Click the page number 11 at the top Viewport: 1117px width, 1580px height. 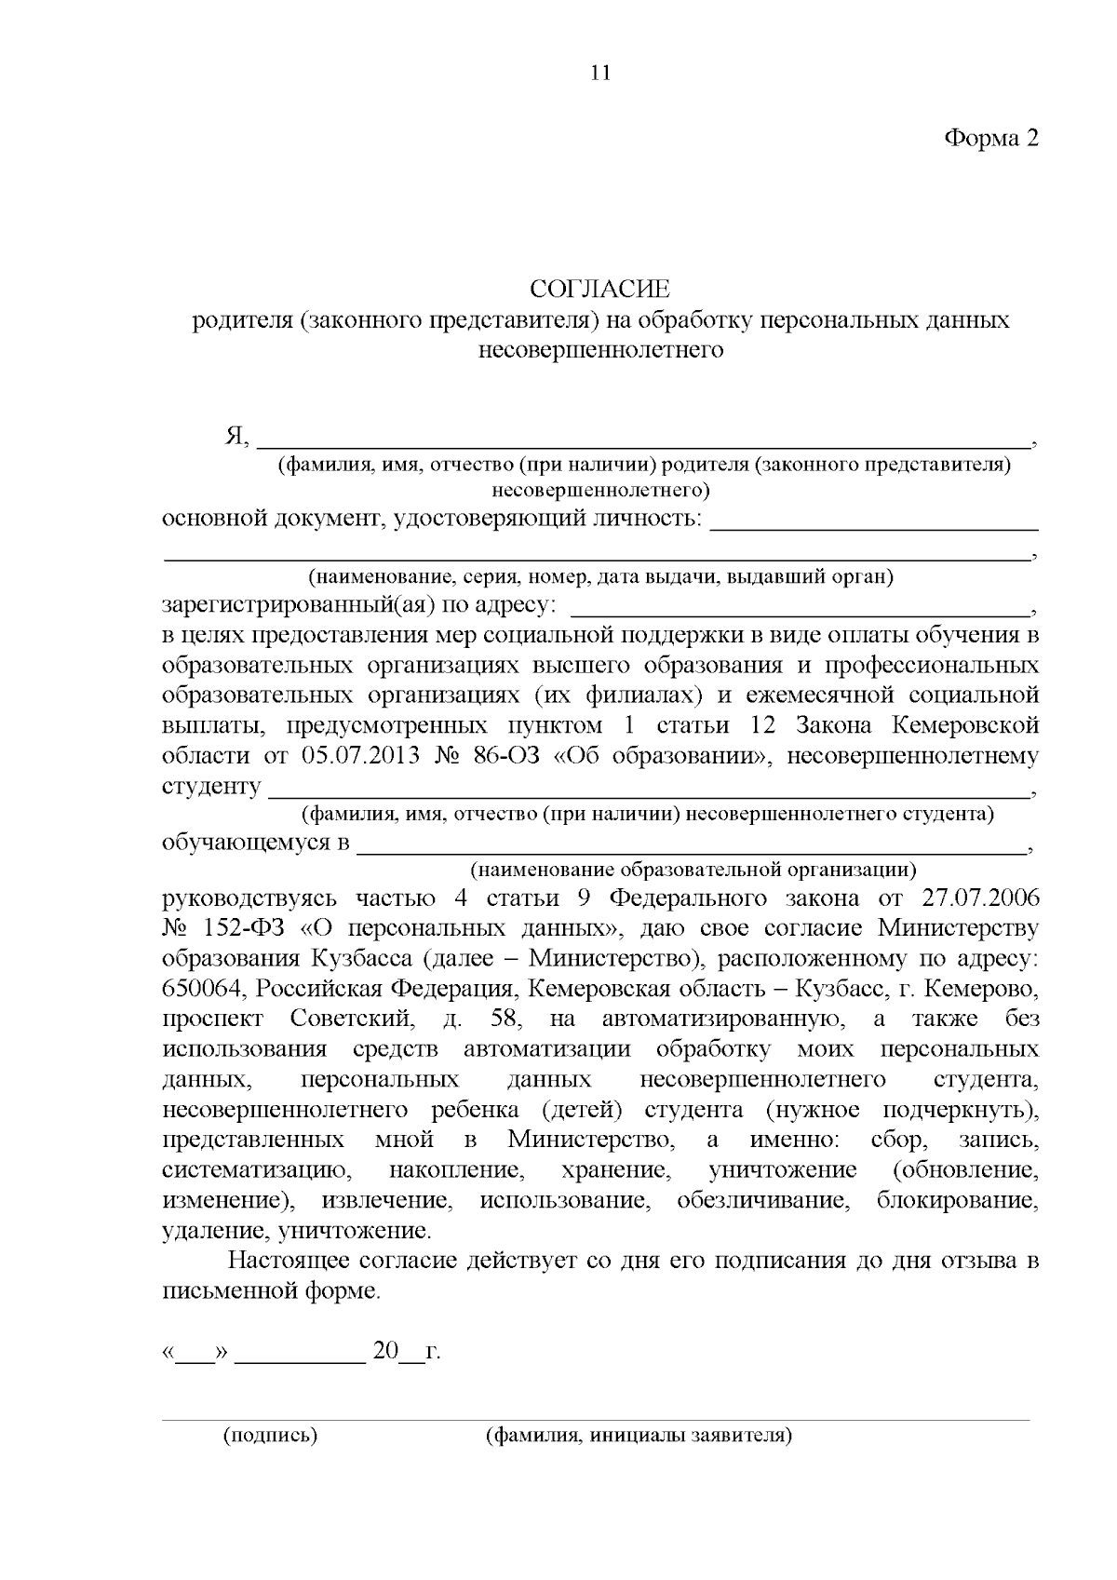[x=600, y=73]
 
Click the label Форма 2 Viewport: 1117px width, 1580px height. [x=990, y=138]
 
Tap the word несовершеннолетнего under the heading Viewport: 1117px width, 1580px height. [x=600, y=351]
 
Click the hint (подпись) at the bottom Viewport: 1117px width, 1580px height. [x=270, y=1435]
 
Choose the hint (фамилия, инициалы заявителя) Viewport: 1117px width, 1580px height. [x=639, y=1435]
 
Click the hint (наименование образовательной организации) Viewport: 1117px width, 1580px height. [x=693, y=871]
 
